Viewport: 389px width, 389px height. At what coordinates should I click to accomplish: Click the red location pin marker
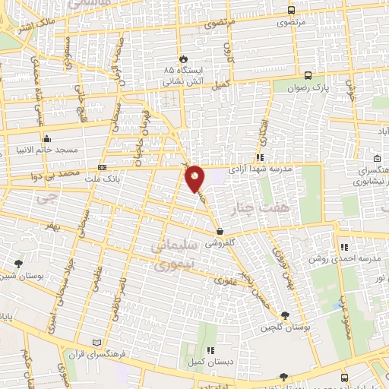pos(195,177)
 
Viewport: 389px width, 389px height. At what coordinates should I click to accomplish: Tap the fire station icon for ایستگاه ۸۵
pos(183,58)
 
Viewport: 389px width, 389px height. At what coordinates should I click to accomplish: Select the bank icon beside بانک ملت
pos(103,168)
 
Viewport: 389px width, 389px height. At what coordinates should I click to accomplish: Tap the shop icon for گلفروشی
pos(220,231)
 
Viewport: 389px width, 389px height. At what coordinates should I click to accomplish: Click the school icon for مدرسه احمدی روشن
pos(344,246)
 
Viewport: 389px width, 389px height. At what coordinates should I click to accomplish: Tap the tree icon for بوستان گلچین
pos(284,315)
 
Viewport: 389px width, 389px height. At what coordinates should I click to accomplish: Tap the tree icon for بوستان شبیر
pos(18,264)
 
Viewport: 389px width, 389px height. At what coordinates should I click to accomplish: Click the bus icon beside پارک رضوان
pos(308,75)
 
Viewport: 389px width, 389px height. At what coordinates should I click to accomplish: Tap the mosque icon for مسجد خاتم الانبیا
pos(47,138)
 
